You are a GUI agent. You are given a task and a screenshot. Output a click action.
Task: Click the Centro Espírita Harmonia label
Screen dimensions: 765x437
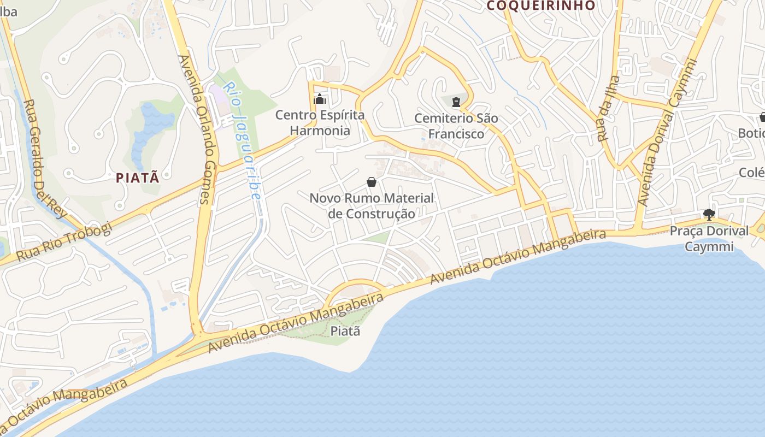320,123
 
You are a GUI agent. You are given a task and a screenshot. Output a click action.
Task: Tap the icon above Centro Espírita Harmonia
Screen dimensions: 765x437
319,99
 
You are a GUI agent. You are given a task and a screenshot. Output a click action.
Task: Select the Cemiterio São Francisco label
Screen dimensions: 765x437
456,126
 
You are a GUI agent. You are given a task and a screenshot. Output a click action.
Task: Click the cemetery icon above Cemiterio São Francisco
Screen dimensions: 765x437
456,102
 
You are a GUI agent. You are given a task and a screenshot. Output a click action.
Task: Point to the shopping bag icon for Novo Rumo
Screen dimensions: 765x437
372,181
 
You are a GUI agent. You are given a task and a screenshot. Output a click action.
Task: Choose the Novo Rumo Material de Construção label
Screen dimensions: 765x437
372,205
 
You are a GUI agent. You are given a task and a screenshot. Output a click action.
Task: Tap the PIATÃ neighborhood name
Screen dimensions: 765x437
138,178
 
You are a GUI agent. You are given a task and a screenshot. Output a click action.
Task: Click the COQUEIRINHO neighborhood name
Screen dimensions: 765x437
540,6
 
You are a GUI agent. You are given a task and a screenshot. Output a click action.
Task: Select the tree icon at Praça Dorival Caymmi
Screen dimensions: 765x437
709,214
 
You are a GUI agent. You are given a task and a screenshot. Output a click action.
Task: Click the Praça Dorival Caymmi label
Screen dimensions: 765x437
709,239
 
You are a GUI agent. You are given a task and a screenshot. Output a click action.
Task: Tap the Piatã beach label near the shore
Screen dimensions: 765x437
345,330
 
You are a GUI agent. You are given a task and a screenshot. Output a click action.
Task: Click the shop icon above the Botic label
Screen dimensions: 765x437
762,116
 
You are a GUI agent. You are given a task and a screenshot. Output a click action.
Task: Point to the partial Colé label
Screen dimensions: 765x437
751,173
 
